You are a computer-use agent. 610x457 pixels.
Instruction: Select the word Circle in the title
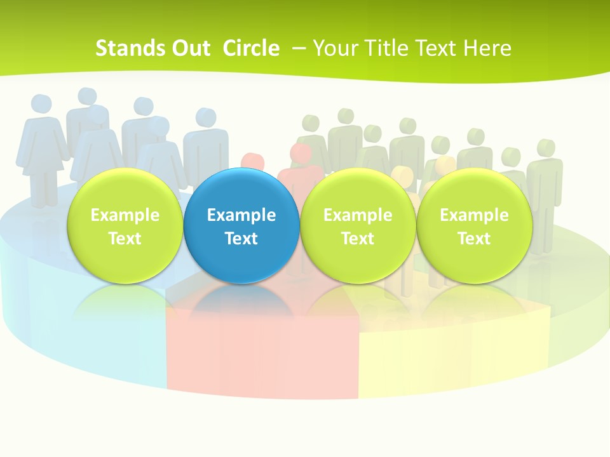point(251,48)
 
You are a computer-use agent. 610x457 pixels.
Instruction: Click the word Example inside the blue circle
point(241,215)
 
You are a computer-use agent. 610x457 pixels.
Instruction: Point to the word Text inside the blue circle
point(241,239)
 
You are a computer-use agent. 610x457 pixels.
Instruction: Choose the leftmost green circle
point(125,226)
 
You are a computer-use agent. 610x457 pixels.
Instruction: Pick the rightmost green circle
point(474,226)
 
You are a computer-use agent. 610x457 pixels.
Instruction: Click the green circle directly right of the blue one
point(358,226)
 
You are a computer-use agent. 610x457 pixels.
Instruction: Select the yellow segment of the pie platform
point(445,355)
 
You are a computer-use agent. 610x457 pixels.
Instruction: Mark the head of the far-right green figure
point(545,149)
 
